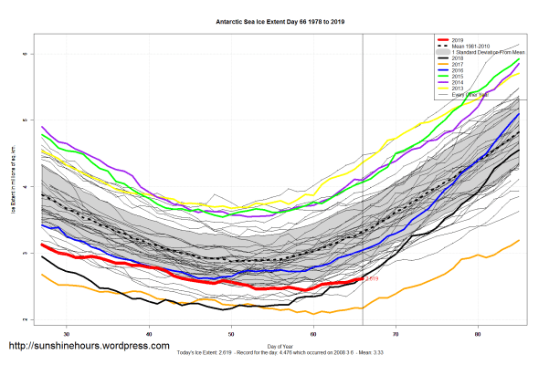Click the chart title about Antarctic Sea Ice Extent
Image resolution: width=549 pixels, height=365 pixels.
click(x=274, y=20)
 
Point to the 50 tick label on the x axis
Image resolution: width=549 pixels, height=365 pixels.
click(x=231, y=331)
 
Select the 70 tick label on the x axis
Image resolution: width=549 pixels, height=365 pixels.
click(x=396, y=331)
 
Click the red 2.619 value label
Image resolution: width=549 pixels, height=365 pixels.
click(x=372, y=278)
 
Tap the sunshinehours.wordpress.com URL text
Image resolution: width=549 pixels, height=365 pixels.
click(x=89, y=347)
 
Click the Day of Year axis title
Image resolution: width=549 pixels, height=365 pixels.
click(x=280, y=347)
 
